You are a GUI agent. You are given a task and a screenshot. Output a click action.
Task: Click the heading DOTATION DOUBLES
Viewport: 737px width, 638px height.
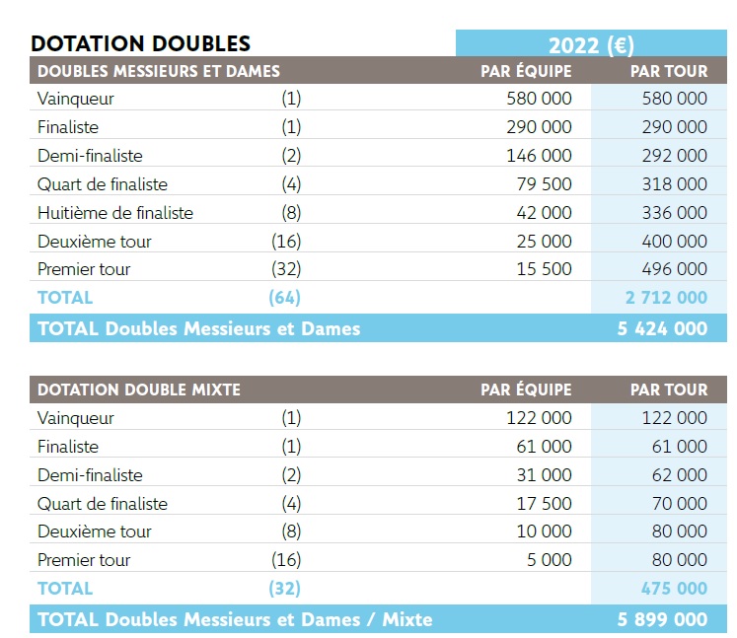pos(141,43)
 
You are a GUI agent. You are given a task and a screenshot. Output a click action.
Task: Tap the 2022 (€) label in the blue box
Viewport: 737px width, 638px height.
pos(591,44)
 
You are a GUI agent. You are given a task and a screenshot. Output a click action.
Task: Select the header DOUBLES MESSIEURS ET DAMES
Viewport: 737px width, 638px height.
pos(159,71)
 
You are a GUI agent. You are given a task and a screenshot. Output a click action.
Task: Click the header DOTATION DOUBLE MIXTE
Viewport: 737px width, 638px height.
pos(139,390)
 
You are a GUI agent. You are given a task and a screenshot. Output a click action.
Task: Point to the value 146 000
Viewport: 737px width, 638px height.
pos(539,156)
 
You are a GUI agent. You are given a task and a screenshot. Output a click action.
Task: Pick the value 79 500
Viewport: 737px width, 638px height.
pos(544,184)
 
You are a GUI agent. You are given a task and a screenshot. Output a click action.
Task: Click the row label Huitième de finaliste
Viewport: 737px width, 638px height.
pos(115,213)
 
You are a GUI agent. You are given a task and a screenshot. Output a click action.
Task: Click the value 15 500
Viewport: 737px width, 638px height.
pos(544,269)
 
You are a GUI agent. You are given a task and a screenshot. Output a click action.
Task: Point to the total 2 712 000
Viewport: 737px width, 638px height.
pos(666,298)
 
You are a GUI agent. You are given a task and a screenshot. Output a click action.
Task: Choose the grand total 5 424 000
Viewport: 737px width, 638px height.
pos(662,328)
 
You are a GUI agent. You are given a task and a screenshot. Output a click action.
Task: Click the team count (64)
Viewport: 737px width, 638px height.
pos(284,298)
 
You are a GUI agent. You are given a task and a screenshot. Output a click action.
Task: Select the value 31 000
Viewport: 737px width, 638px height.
pos(544,475)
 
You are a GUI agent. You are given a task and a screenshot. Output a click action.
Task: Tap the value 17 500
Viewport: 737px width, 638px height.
pos(544,504)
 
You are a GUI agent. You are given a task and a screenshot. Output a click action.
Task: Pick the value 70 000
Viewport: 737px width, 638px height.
pos(680,504)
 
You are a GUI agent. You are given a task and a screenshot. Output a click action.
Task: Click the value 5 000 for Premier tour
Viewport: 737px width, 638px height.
pos(550,560)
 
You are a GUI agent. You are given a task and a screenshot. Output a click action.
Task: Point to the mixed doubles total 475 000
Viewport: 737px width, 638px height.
pos(674,589)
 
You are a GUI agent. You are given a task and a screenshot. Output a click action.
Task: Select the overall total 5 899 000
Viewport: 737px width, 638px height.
pos(662,619)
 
